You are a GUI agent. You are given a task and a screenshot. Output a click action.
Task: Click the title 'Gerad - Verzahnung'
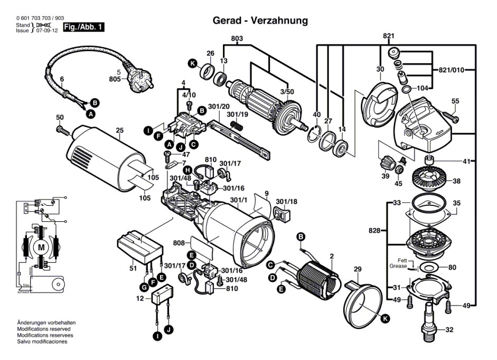260,21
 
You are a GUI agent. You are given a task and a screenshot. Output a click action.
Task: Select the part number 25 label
120,130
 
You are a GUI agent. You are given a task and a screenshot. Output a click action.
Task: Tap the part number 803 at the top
237,39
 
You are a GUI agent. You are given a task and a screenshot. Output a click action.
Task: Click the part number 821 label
389,36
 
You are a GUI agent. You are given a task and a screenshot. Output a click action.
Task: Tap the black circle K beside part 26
193,64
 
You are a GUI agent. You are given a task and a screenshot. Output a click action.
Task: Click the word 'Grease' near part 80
399,267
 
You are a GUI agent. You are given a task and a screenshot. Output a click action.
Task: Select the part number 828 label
374,231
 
